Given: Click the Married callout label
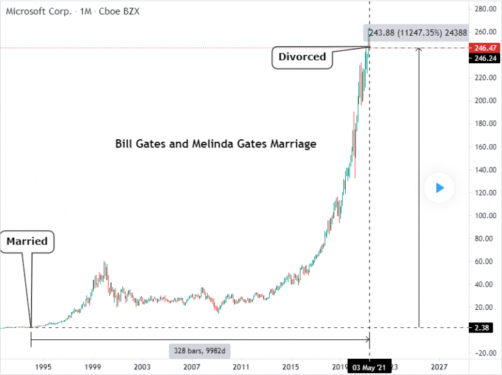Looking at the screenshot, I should (x=27, y=241).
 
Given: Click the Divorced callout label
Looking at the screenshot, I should (x=302, y=57).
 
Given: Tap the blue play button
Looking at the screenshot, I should (x=439, y=187).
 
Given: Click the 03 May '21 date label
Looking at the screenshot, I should (x=370, y=367).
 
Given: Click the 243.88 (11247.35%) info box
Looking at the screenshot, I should (x=418, y=33).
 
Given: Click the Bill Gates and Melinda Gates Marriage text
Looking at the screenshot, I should (x=216, y=144).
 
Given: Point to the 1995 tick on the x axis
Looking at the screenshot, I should (x=43, y=366).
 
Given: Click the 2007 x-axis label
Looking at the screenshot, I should (x=191, y=366).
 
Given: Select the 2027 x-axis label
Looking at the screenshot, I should (x=439, y=366).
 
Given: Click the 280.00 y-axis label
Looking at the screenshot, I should (x=486, y=9).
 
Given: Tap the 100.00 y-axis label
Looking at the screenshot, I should (x=486, y=216).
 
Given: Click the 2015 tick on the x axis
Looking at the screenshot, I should (x=291, y=366).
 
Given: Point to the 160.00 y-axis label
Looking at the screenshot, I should (x=486, y=147).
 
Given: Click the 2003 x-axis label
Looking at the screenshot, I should (x=142, y=366).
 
